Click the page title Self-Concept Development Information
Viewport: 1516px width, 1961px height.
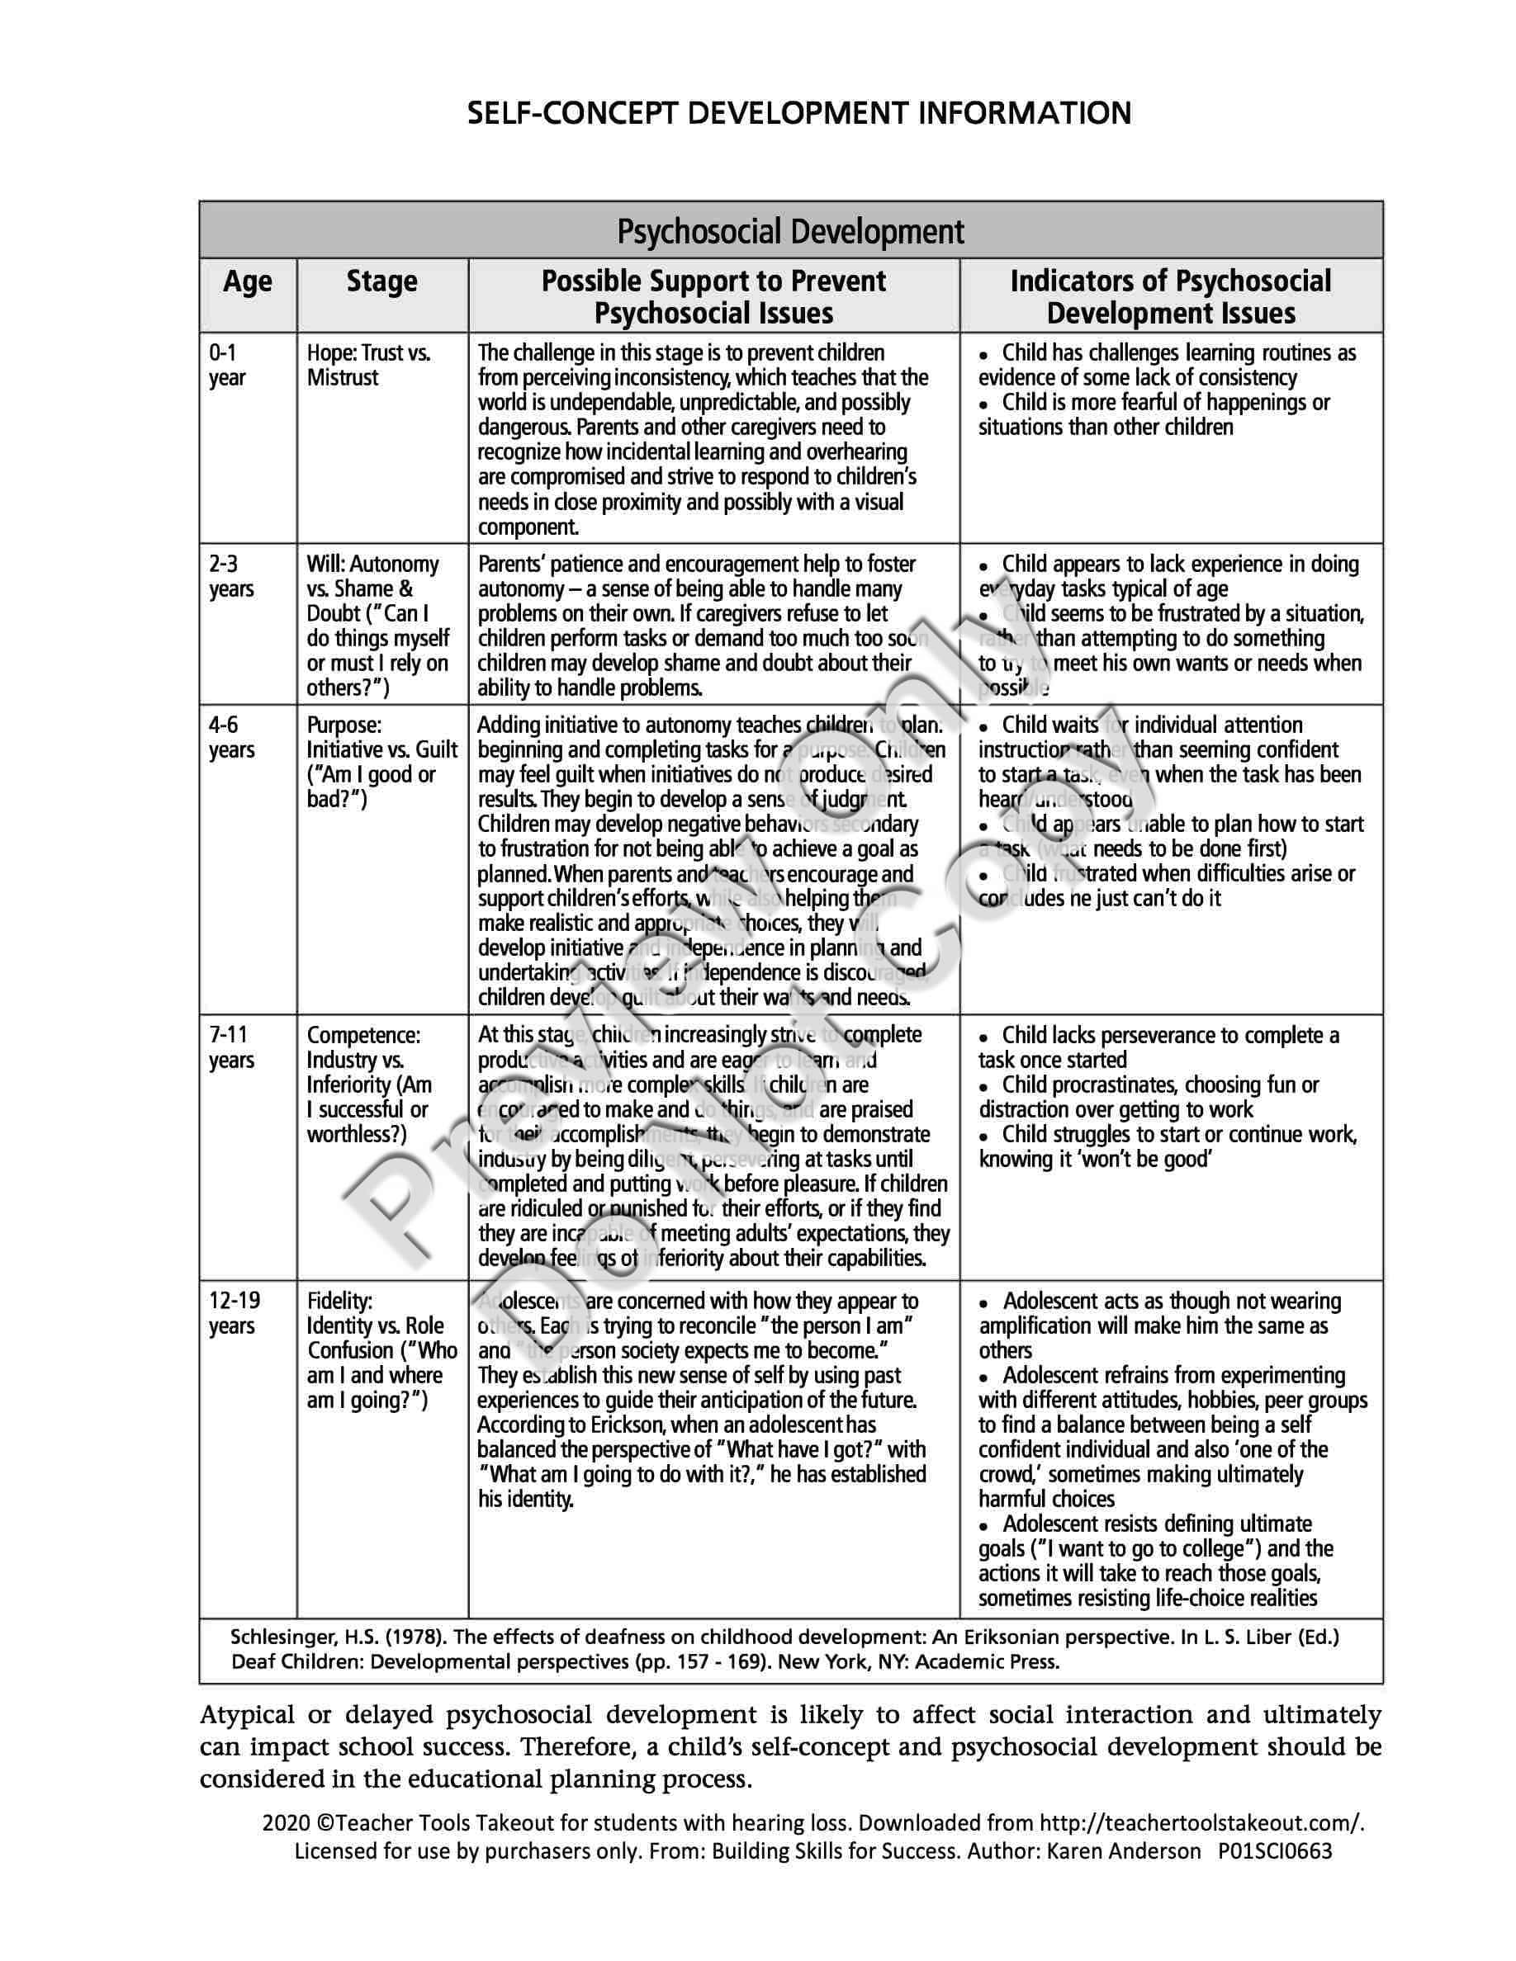(798, 113)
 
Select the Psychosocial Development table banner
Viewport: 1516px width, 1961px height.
(790, 232)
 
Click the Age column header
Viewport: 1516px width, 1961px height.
(247, 282)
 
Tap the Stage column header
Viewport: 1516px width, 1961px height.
(381, 282)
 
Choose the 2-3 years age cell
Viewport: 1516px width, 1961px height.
(232, 576)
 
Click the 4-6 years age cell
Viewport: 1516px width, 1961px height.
(232, 737)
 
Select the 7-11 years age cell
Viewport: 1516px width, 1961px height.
(232, 1047)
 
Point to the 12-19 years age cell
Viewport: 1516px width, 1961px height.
(235, 1313)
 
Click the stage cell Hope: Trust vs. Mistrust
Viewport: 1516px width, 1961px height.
(369, 366)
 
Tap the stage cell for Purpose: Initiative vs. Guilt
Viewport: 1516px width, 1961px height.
(381, 762)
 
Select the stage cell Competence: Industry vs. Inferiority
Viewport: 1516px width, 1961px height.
(369, 1084)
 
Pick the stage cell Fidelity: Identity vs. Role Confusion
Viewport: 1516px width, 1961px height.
(381, 1349)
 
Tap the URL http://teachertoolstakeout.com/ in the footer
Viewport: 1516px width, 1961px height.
(1201, 1822)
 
